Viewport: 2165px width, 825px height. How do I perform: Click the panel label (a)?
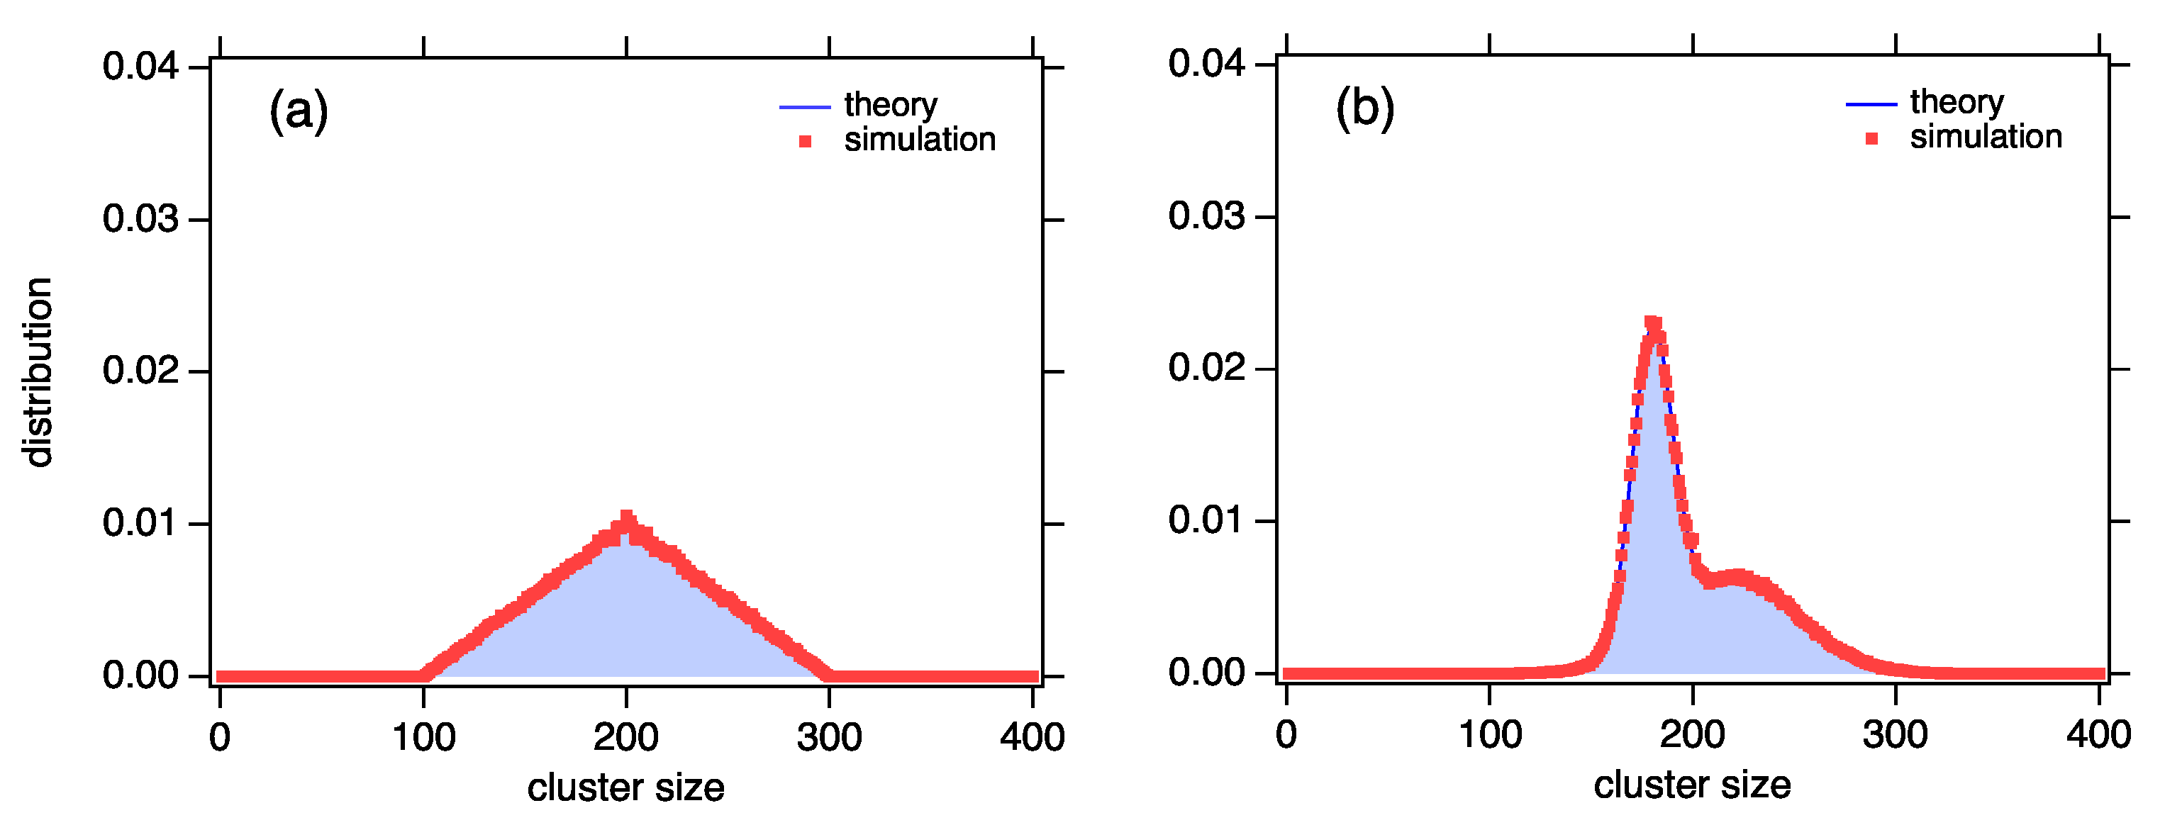point(299,111)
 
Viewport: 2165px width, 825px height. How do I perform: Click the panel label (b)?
point(1365,108)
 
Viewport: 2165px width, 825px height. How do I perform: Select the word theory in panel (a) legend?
point(891,105)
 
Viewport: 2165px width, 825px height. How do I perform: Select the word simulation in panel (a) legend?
point(920,140)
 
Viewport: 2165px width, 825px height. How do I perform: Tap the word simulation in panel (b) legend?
point(1985,137)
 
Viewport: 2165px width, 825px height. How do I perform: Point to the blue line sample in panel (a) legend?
point(804,108)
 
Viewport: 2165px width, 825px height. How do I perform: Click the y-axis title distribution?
point(38,371)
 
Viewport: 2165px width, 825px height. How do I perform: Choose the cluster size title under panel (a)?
point(625,788)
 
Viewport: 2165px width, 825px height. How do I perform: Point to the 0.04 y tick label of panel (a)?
point(140,67)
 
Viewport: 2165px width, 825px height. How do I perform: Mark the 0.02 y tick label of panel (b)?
point(1206,368)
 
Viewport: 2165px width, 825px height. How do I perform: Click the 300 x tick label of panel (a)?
point(829,738)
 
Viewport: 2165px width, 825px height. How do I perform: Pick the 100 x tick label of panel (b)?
point(1489,735)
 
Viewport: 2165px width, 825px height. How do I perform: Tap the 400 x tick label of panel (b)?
point(2098,735)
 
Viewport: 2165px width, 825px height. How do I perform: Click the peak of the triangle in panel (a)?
point(626,517)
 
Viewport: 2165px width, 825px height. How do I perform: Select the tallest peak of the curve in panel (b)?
point(1653,323)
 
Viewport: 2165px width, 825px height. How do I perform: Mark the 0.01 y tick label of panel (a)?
point(140,523)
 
